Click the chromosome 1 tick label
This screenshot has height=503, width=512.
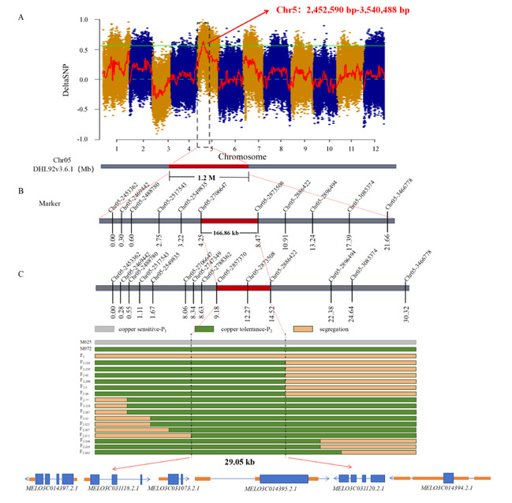tap(116, 148)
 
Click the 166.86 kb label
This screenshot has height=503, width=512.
tap(230, 235)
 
